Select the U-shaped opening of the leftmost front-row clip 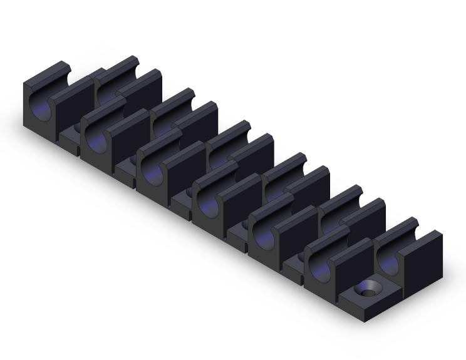[x=38, y=103]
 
